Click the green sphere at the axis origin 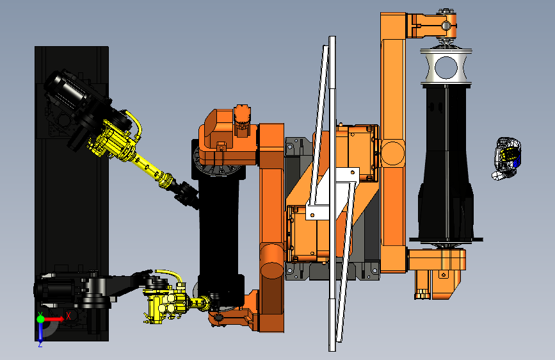point(41,319)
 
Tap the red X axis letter point(68,315)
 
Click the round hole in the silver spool point(446,67)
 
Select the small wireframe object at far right point(508,158)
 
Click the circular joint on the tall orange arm point(393,153)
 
